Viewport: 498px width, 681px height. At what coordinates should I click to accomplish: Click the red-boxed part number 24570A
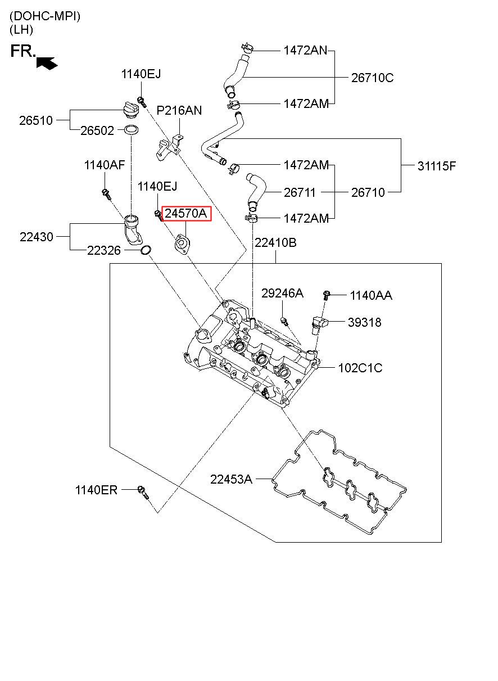[185, 214]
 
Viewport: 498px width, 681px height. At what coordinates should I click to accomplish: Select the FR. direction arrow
[47, 62]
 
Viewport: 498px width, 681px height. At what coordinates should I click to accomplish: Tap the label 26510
[36, 120]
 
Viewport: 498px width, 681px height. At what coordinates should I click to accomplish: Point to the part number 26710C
[372, 78]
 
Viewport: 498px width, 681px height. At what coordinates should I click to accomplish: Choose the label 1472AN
[305, 51]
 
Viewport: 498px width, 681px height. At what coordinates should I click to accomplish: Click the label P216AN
[179, 110]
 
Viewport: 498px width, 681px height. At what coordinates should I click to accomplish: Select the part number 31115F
[437, 166]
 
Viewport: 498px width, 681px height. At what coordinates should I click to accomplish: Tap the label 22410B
[275, 242]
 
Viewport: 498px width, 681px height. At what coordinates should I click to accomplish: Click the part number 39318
[364, 322]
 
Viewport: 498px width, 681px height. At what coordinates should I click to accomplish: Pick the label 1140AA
[370, 295]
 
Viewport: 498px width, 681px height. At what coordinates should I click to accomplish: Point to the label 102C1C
[360, 368]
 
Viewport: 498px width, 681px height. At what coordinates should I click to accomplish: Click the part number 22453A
[231, 479]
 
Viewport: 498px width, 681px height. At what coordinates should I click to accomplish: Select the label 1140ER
[96, 490]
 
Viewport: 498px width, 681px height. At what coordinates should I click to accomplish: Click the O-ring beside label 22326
[146, 250]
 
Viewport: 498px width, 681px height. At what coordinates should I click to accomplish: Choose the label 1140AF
[104, 165]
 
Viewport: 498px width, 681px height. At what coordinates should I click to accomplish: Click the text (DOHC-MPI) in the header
[45, 16]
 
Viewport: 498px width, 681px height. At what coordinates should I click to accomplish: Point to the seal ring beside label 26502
[132, 130]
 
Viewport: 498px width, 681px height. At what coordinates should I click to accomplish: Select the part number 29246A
[282, 293]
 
